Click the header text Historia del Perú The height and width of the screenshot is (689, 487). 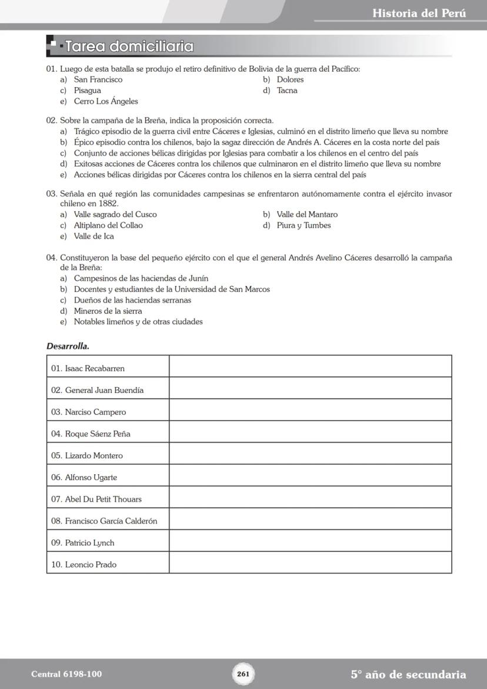coord(419,13)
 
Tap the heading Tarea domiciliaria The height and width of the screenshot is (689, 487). coord(129,46)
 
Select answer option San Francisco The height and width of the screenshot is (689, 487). coord(98,79)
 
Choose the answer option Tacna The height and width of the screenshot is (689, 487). coord(287,91)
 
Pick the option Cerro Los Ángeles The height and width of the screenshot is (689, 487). coord(106,101)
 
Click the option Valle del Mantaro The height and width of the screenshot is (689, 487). coord(307,215)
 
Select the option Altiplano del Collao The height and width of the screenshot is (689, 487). coord(108,225)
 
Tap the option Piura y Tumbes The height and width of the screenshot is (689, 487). coord(303,225)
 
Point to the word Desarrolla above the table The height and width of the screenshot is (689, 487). coord(68,346)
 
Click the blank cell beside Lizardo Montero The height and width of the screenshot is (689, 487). coord(310,455)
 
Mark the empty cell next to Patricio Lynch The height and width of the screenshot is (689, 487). coord(310,542)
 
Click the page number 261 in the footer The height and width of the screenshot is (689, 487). coord(243,674)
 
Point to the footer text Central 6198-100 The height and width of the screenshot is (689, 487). coord(62,674)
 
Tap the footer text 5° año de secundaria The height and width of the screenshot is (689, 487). coord(408,674)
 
